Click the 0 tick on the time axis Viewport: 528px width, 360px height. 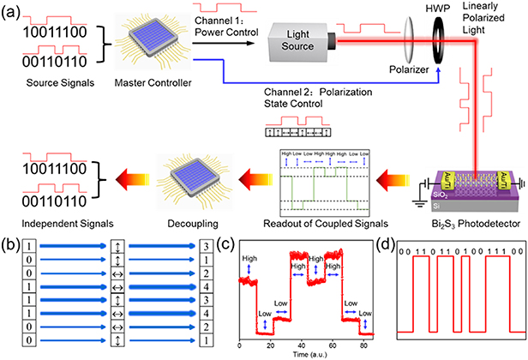(x=242, y=344)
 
